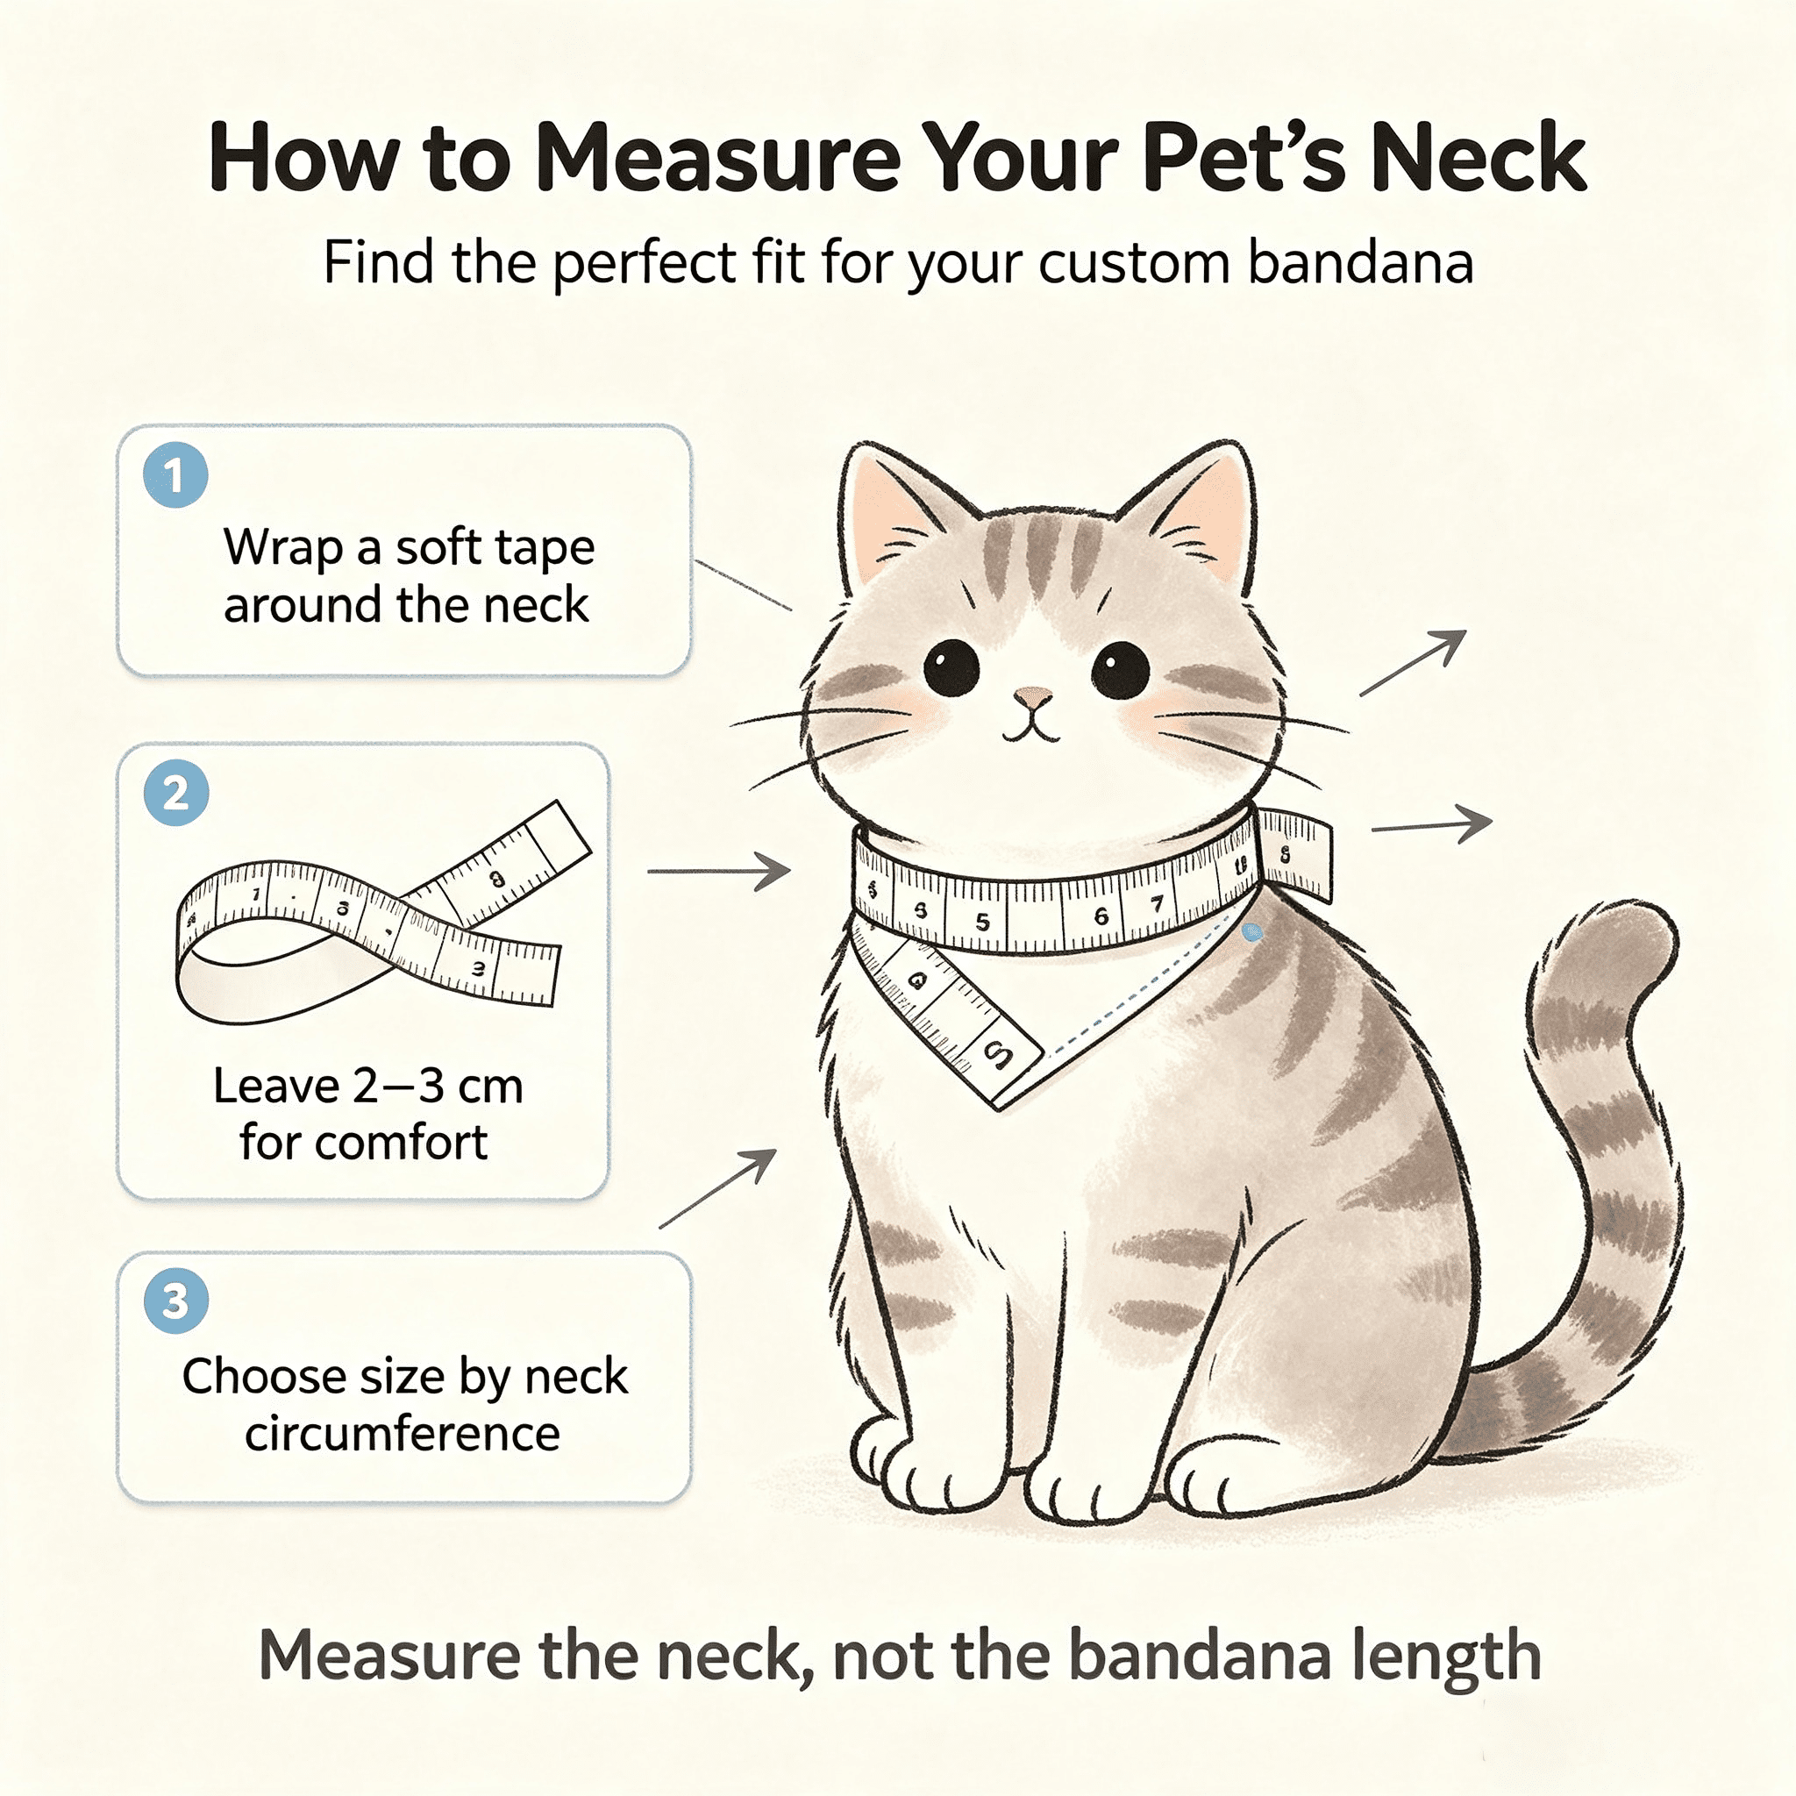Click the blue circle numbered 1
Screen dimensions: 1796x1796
click(x=175, y=475)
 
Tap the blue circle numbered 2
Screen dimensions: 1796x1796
click(x=175, y=793)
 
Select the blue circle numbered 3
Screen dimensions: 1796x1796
click(x=175, y=1301)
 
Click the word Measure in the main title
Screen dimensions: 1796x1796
click(x=717, y=158)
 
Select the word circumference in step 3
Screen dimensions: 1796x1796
click(x=403, y=1434)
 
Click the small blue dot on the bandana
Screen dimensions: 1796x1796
click(x=1252, y=931)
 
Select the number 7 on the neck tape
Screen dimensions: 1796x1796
click(x=1157, y=903)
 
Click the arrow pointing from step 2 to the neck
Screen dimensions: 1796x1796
click(x=718, y=871)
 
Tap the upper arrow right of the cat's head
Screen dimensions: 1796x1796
click(x=1413, y=663)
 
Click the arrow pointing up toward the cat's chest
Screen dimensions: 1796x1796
click(x=717, y=1189)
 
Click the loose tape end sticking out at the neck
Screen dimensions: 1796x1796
click(x=1295, y=853)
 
